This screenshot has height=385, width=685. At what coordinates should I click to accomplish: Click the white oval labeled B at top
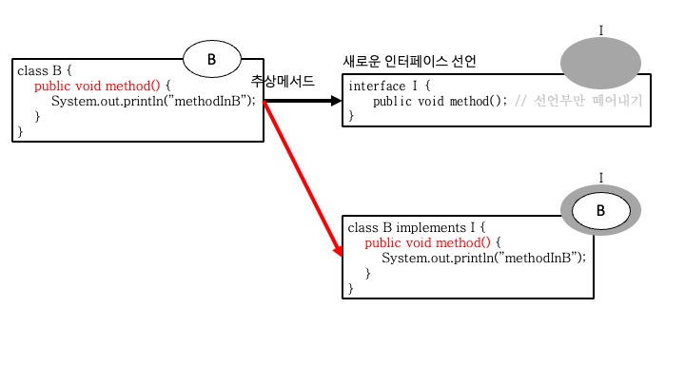click(x=212, y=60)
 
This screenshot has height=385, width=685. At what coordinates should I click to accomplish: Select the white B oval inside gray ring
click(x=600, y=210)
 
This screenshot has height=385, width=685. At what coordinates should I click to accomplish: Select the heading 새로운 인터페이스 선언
click(x=409, y=62)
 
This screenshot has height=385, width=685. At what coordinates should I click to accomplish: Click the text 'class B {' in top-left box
click(x=44, y=71)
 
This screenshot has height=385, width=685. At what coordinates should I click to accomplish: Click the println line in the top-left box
click(x=153, y=101)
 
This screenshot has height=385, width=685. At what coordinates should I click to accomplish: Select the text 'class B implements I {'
click(x=417, y=228)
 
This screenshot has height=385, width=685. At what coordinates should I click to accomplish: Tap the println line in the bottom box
click(x=483, y=258)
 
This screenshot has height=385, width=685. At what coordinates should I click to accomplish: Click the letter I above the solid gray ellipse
click(x=600, y=30)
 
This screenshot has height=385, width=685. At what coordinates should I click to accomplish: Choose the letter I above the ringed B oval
click(x=600, y=178)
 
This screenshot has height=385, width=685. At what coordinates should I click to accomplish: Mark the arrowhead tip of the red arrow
click(x=339, y=256)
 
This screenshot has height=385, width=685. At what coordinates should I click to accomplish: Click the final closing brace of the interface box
click(x=351, y=116)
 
